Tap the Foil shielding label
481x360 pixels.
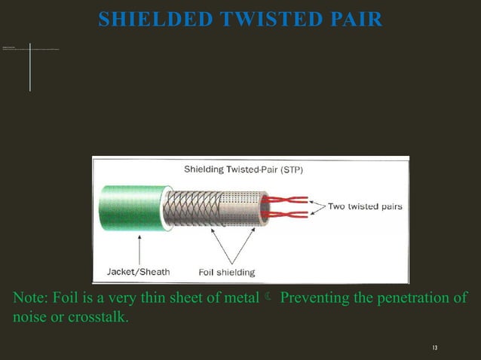tap(226, 272)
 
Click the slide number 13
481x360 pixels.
tap(435, 347)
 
